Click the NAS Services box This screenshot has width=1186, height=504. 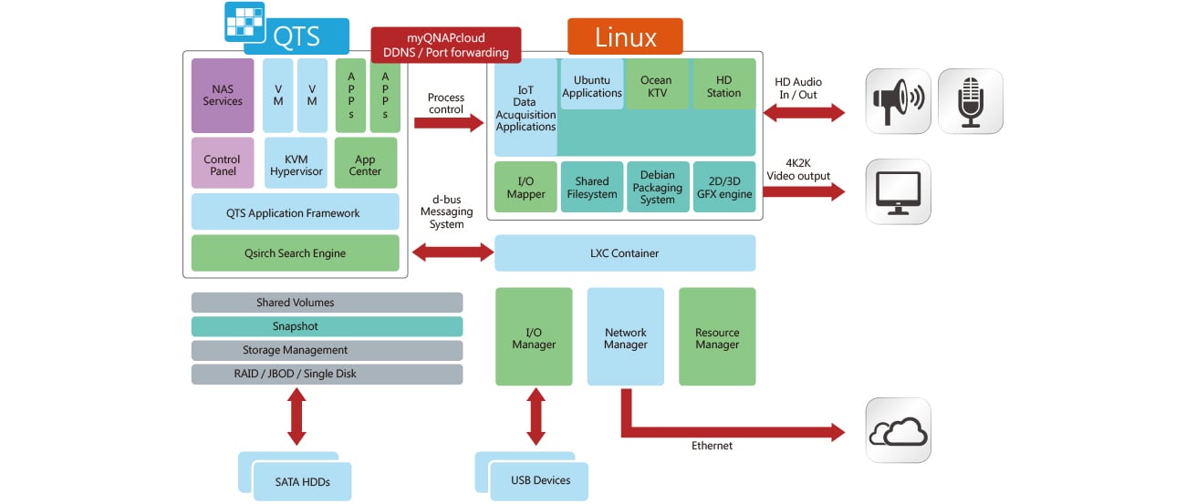(x=223, y=96)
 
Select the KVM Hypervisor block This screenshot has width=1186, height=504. (x=295, y=165)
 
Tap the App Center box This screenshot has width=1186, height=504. (x=365, y=165)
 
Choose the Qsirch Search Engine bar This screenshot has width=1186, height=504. (x=295, y=253)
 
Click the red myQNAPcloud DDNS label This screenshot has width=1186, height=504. (x=445, y=45)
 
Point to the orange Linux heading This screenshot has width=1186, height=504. (x=625, y=37)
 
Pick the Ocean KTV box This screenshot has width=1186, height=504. (x=656, y=86)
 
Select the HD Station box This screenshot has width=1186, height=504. (x=723, y=86)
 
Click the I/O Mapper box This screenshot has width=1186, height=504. (x=525, y=188)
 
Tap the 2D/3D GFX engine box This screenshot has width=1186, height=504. (x=723, y=188)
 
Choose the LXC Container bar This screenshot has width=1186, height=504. (x=625, y=253)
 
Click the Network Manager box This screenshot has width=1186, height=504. (x=625, y=337)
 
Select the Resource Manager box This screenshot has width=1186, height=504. (x=717, y=337)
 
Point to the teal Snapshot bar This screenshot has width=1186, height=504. (x=327, y=326)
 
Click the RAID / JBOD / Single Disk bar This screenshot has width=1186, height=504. (x=327, y=374)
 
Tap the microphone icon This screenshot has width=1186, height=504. (x=970, y=101)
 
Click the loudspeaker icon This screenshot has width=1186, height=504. (x=898, y=101)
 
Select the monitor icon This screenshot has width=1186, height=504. (x=898, y=192)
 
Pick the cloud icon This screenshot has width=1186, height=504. (x=898, y=430)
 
